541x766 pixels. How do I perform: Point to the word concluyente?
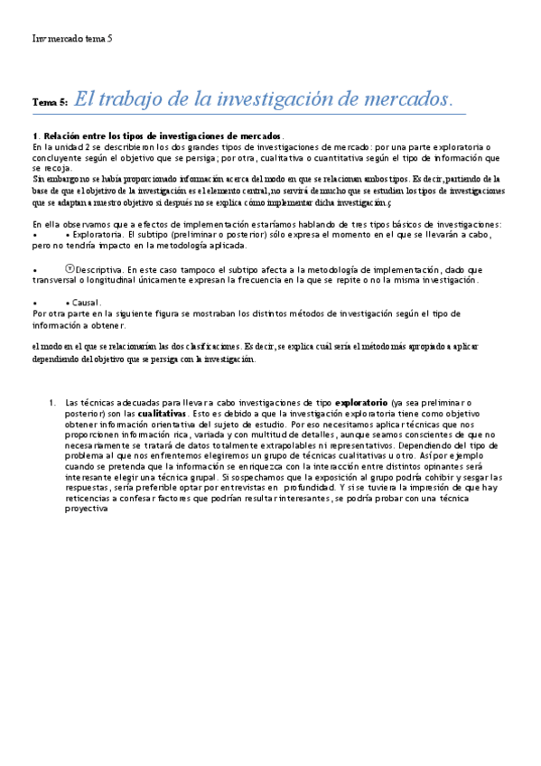point(59,156)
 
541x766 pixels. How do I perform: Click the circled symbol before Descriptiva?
point(70,268)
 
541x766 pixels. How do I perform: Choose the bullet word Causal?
point(83,303)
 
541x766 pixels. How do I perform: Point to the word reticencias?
point(89,498)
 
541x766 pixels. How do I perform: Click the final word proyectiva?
point(88,509)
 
